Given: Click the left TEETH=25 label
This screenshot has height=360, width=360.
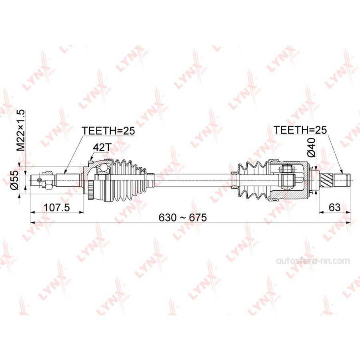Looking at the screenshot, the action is coord(108,130).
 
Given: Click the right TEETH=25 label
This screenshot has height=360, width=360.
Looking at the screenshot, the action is coord(300,130).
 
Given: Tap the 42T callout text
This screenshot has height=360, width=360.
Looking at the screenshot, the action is coord(102,148).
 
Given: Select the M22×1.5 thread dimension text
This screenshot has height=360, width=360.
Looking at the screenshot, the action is coord(20,130).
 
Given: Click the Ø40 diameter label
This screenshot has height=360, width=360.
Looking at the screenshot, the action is coord(312,148).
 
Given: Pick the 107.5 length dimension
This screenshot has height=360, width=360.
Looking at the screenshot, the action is coord(56,208).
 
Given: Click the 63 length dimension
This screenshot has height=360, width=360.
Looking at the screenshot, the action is coord(334,207).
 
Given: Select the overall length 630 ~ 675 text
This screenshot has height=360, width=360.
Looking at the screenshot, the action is coord(183,217).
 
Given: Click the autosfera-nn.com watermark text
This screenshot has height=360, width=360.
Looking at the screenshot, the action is coord(313,261).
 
